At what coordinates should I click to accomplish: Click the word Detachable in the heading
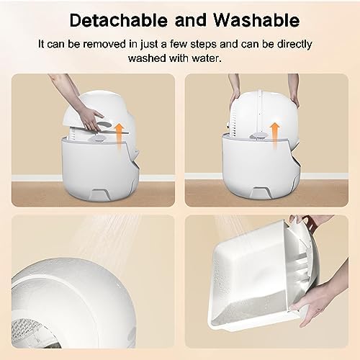119,20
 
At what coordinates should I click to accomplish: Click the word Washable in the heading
256,20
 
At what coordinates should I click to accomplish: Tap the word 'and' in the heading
191,20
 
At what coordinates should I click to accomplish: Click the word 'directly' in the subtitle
294,45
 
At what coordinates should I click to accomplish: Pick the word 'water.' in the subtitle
207,58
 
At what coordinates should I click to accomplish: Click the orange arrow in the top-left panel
118,136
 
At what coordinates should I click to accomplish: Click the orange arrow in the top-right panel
274,135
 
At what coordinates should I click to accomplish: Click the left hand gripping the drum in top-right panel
235,95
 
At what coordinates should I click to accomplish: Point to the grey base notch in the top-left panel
99,192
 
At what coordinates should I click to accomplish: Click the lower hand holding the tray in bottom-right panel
312,310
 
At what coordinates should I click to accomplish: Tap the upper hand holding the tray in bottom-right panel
300,222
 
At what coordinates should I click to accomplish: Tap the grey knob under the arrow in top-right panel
258,136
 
